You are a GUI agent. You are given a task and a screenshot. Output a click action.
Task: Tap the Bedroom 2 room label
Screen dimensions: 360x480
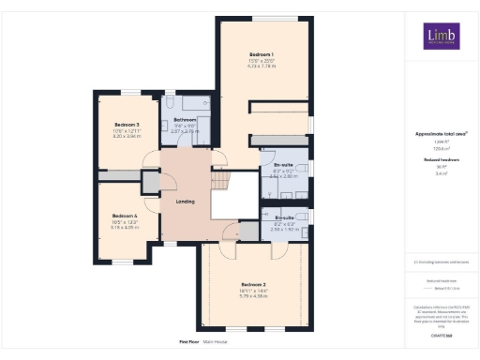(254, 284)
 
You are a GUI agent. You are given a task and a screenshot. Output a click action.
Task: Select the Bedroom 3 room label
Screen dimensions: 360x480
(127, 125)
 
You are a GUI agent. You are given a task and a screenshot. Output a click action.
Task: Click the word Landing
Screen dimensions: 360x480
(185, 201)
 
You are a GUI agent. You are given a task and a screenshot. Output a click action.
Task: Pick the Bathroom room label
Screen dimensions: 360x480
(185, 120)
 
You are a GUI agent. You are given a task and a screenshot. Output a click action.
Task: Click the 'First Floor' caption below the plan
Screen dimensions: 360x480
(190, 342)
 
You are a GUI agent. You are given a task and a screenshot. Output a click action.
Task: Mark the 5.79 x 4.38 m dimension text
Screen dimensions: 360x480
(254, 297)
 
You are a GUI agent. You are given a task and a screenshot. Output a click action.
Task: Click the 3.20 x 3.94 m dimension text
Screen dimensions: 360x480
(127, 137)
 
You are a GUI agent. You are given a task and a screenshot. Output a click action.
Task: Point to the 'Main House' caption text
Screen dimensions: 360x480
(217, 342)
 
